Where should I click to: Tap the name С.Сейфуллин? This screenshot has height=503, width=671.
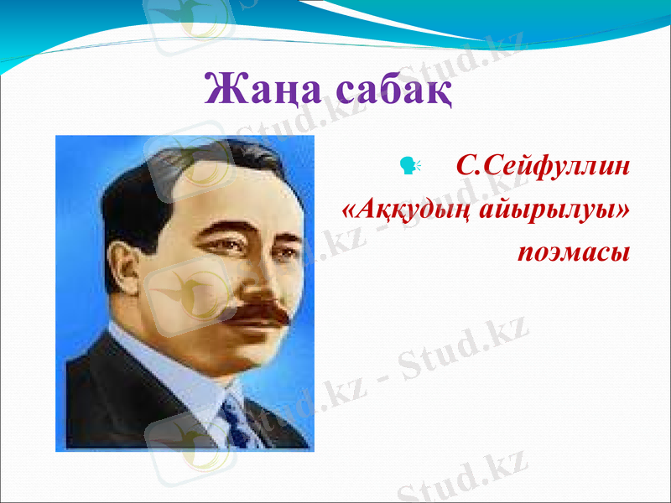(542, 166)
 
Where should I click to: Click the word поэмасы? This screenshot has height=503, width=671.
(574, 251)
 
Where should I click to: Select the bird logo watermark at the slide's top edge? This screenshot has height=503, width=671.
(189, 17)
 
